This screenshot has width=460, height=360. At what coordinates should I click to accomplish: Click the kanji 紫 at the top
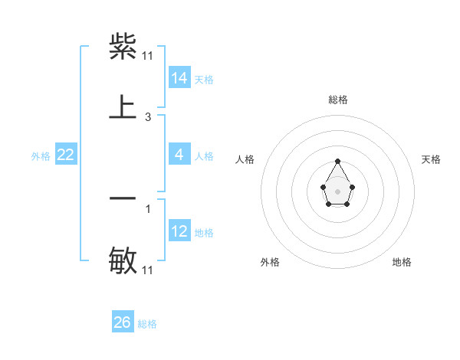tap(123, 47)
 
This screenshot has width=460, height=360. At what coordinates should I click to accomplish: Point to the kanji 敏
tap(123, 260)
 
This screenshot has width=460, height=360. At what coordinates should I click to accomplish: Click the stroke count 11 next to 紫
tap(148, 56)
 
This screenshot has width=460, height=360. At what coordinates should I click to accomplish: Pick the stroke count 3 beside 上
tap(148, 117)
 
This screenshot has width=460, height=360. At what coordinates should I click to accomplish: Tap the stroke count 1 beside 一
tap(148, 208)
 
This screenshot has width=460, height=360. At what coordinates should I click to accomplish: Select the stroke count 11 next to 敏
tap(148, 270)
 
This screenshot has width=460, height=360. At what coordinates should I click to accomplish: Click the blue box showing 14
tap(179, 78)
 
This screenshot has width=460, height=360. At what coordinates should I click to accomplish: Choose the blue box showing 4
tap(179, 155)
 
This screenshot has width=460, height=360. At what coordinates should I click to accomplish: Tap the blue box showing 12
tap(179, 231)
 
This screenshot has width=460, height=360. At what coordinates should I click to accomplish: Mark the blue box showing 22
tap(66, 155)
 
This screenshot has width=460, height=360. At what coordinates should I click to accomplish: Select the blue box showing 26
tap(123, 322)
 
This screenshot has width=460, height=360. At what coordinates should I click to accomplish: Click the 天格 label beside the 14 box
tap(204, 80)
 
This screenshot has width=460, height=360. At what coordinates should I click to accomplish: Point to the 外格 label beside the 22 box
tap(41, 156)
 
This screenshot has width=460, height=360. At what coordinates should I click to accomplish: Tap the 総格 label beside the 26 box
tap(147, 324)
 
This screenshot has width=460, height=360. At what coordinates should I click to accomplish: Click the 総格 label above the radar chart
tap(338, 100)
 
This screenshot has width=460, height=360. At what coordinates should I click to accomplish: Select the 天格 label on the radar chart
tap(431, 159)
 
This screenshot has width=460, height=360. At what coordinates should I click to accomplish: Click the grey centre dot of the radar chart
tap(337, 191)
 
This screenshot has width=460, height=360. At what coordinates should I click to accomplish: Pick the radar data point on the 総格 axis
tap(337, 162)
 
